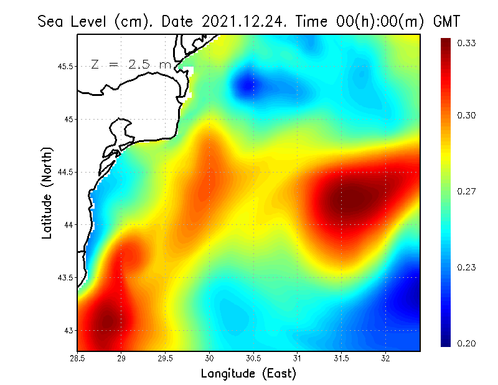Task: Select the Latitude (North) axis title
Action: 47,193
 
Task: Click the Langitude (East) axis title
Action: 248,374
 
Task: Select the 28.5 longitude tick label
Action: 78,358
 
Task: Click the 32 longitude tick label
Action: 385,358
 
